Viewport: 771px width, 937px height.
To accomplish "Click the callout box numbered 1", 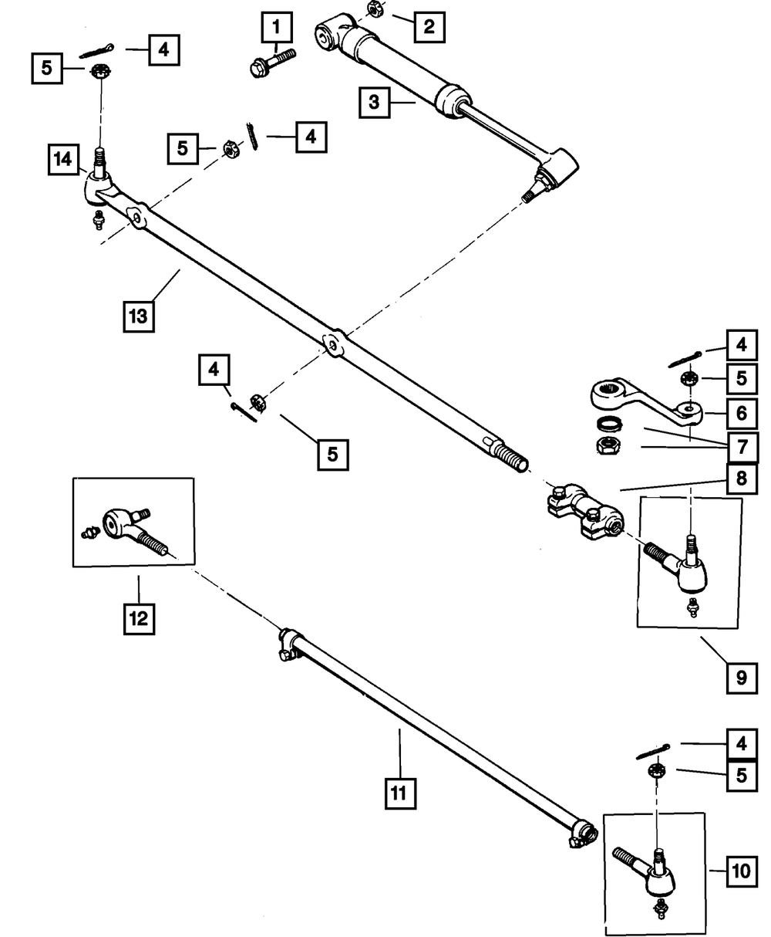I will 276,31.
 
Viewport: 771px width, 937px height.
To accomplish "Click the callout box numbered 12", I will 140,617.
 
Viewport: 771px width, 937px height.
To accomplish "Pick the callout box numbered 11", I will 400,793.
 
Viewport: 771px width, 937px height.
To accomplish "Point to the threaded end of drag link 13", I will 508,456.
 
